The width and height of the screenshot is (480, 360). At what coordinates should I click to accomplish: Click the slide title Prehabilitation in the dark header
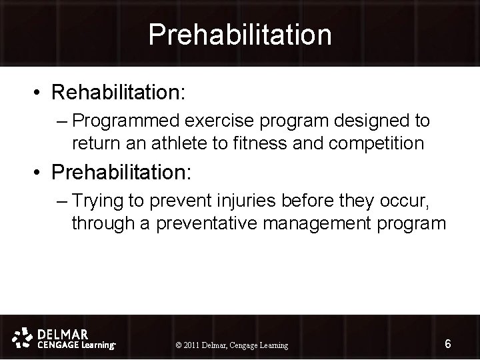pos(239,34)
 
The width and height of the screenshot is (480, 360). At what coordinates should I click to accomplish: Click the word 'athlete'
pos(187,143)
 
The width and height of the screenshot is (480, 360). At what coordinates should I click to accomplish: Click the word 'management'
pos(325,223)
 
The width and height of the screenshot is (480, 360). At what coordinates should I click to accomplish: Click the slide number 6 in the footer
pos(448,344)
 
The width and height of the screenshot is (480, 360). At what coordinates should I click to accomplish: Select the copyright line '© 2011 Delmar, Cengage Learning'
pos(231,345)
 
